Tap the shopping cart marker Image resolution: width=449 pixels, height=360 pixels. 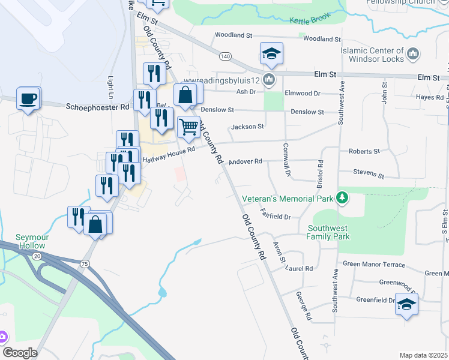coord(189,127)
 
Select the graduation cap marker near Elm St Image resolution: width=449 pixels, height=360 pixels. coord(271,54)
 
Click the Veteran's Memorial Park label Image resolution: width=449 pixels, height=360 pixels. coord(287,199)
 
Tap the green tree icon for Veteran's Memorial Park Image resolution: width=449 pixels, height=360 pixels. coord(342,198)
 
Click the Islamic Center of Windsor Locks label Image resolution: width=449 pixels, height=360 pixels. coord(372,55)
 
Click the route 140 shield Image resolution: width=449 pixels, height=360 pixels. coord(224,56)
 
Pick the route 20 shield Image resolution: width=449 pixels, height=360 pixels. coord(37,256)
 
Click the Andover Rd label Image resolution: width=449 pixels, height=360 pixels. coord(247,161)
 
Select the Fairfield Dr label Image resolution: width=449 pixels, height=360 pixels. coord(276,214)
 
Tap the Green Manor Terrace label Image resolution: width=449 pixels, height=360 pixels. coord(374,265)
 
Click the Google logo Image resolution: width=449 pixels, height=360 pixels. coord(19,353)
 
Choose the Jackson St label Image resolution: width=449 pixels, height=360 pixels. coord(247,127)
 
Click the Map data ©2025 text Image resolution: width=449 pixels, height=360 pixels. coord(423,355)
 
